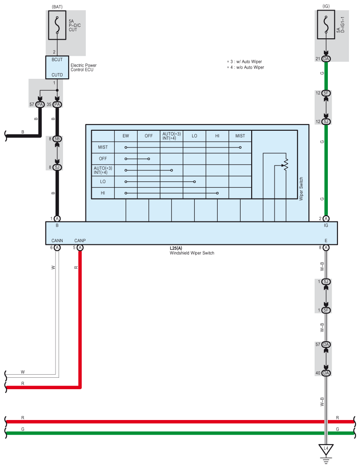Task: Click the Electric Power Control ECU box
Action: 57,67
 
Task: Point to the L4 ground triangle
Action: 326,450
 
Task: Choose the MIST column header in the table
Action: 240,136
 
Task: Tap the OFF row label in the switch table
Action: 103,158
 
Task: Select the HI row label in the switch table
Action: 103,193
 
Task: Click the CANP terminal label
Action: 80,240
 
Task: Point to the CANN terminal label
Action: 57,240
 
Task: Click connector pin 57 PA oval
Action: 40,105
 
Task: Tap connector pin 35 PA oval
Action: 57,105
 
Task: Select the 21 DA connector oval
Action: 326,59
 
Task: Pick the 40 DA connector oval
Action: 326,373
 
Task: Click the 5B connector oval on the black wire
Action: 57,138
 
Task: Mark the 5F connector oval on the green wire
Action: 326,93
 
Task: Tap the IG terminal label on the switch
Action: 326,225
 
